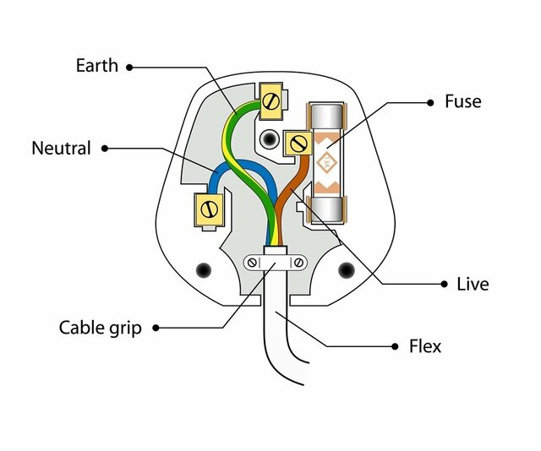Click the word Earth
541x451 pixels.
[x=98, y=65]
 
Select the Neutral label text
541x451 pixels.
[x=61, y=148]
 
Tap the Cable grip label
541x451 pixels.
[x=100, y=327]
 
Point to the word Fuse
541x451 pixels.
[x=462, y=101]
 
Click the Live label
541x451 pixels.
[x=473, y=284]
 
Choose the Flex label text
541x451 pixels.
[x=424, y=346]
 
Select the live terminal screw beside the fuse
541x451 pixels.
[x=297, y=144]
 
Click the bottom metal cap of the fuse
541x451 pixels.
[x=325, y=208]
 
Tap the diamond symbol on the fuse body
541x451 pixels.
[x=325, y=162]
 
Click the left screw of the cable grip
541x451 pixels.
[x=252, y=263]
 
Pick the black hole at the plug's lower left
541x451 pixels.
[x=204, y=270]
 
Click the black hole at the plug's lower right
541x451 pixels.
[x=346, y=270]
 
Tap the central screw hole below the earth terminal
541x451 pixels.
[x=270, y=137]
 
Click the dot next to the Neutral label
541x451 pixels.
[x=105, y=149]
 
